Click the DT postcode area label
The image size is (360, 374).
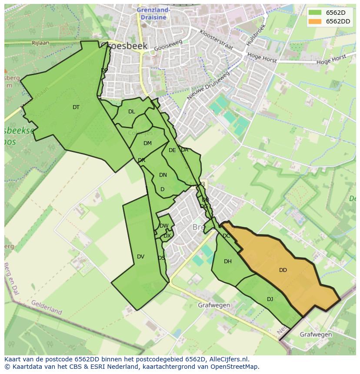(76, 107)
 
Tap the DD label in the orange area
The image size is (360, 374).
(283, 270)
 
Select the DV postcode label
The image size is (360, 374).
(140, 257)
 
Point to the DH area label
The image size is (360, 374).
(228, 261)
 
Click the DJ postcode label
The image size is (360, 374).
(270, 299)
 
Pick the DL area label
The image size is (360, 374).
(132, 112)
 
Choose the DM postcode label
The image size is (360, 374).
(147, 143)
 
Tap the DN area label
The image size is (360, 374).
(163, 175)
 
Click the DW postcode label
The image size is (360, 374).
(164, 226)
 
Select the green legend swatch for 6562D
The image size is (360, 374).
(315, 13)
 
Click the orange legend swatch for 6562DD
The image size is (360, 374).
(315, 21)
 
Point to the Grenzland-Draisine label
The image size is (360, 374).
(153, 13)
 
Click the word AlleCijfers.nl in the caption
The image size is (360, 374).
(227, 359)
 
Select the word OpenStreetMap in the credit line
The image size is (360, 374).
(235, 367)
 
